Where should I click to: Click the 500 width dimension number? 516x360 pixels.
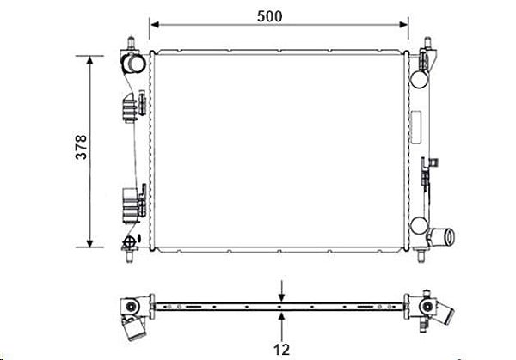click(269, 16)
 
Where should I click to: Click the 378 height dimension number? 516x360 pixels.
click(82, 147)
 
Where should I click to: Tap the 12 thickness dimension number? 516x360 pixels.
click(282, 350)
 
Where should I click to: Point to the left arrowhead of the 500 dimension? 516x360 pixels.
click(155, 25)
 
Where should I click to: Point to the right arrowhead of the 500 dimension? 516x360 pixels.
click(403, 25)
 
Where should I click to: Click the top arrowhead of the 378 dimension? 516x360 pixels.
click(89, 60)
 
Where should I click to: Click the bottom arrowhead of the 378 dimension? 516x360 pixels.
click(89, 242)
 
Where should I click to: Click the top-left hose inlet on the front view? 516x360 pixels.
click(133, 64)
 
